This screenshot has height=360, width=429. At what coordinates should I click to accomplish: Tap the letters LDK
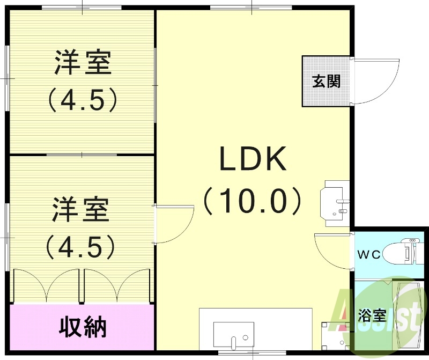253,159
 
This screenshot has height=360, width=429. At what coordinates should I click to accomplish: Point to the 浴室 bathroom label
372,315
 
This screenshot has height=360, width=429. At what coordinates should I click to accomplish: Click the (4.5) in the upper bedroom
83,99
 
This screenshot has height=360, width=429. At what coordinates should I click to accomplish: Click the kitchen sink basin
234,334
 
